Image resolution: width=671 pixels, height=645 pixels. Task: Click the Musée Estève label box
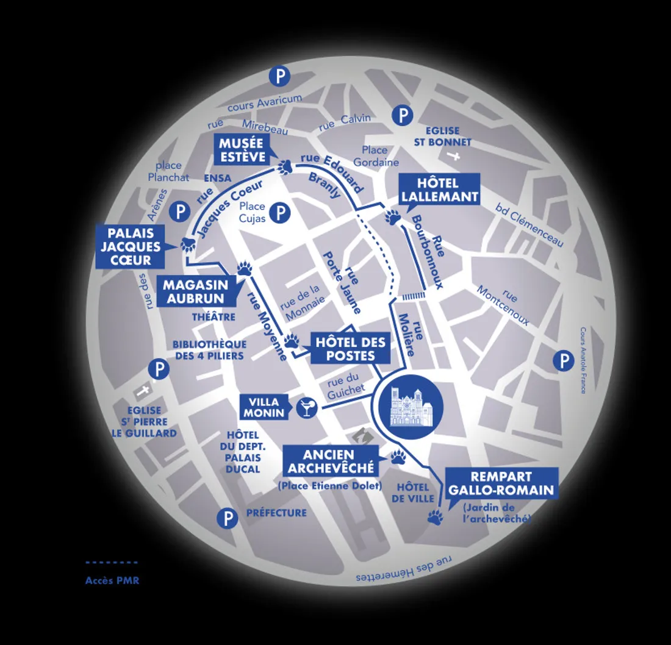[243, 150]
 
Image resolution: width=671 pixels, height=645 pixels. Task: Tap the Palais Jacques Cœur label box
[131, 247]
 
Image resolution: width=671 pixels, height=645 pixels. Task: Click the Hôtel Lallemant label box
[439, 190]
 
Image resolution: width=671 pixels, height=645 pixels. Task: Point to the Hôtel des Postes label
[350, 349]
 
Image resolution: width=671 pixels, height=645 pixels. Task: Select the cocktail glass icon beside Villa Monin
[305, 408]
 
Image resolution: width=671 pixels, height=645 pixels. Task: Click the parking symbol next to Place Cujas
[280, 213]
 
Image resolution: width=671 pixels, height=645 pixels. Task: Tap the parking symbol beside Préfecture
[228, 519]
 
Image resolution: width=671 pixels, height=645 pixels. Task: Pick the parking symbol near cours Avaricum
[279, 77]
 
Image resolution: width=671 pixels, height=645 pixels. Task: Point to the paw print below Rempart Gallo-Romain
[434, 518]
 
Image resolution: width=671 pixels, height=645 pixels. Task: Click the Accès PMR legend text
[112, 580]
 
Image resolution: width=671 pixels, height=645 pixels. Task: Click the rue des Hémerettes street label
[404, 571]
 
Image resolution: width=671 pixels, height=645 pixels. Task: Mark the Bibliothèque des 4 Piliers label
[209, 350]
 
